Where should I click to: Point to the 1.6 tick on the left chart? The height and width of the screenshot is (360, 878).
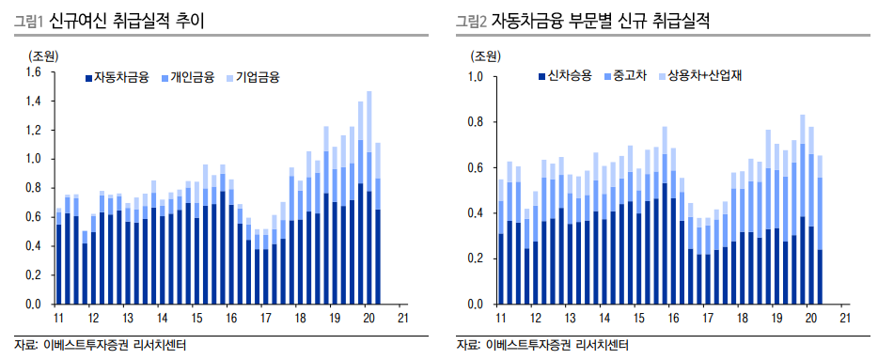click(x=33, y=72)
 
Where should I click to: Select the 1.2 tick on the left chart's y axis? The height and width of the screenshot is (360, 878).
click(x=33, y=131)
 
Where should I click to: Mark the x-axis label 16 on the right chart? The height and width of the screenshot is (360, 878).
click(x=672, y=319)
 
